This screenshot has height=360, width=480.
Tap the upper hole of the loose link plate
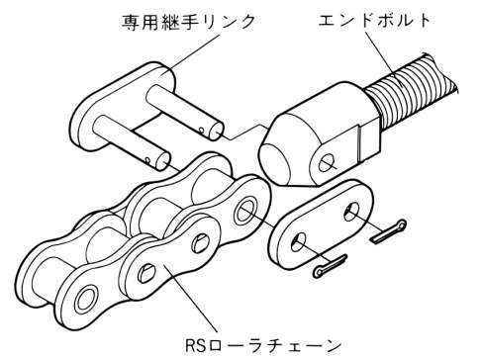[352, 211]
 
